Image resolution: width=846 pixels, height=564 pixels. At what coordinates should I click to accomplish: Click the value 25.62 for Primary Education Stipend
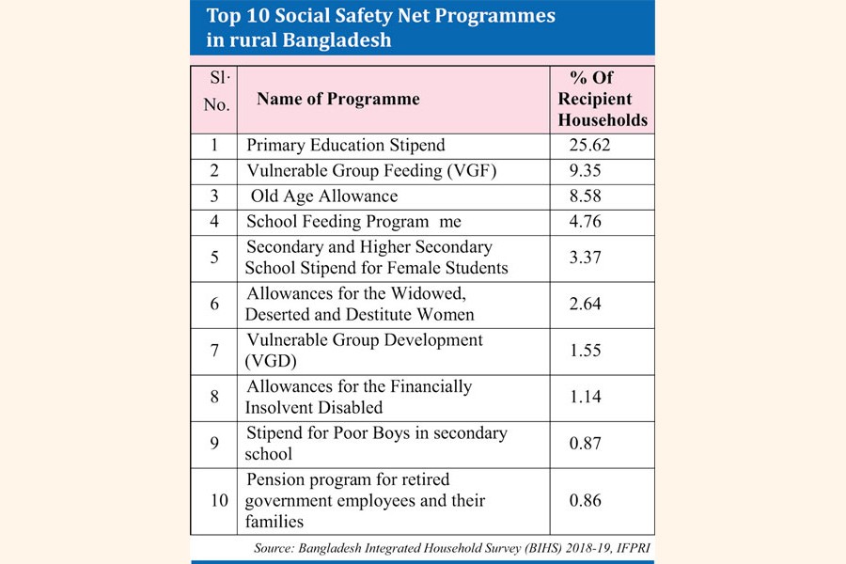(x=596, y=146)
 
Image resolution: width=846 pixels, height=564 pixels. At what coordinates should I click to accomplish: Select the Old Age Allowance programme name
(x=324, y=196)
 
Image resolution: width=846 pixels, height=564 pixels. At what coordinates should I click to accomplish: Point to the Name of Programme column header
(x=338, y=99)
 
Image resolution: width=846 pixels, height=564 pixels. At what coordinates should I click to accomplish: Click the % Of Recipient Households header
(x=603, y=99)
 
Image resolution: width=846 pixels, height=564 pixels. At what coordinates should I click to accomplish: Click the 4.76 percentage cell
(x=588, y=222)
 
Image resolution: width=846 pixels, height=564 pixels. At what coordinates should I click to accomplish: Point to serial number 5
(x=214, y=258)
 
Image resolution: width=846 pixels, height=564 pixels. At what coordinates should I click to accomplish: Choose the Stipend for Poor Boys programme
(x=376, y=443)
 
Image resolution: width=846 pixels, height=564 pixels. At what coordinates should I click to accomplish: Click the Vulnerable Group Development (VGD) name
(x=364, y=349)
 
